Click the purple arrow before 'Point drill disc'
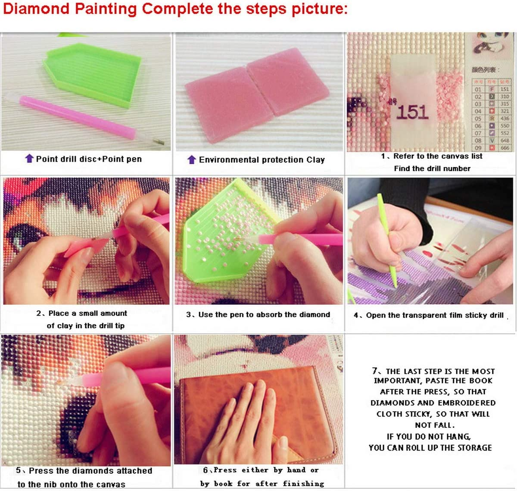click(29, 158)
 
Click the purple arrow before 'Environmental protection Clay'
click(192, 159)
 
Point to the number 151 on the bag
click(412, 112)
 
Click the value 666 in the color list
click(505, 148)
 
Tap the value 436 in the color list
click(505, 119)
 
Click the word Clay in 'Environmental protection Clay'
click(315, 160)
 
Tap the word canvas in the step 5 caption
click(110, 485)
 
